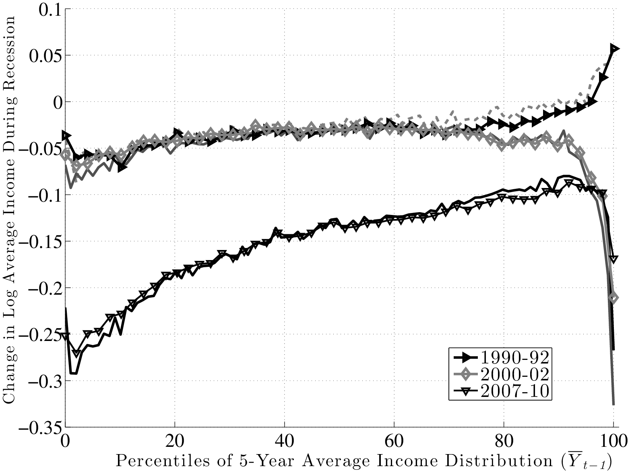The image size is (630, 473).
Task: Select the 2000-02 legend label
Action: coord(514,374)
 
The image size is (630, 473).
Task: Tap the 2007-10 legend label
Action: coord(514,391)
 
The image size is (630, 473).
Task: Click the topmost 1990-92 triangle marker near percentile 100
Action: coord(614,49)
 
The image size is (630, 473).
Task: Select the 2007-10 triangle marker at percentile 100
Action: coord(613,259)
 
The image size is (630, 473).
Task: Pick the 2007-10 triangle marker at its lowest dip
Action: coord(76,353)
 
